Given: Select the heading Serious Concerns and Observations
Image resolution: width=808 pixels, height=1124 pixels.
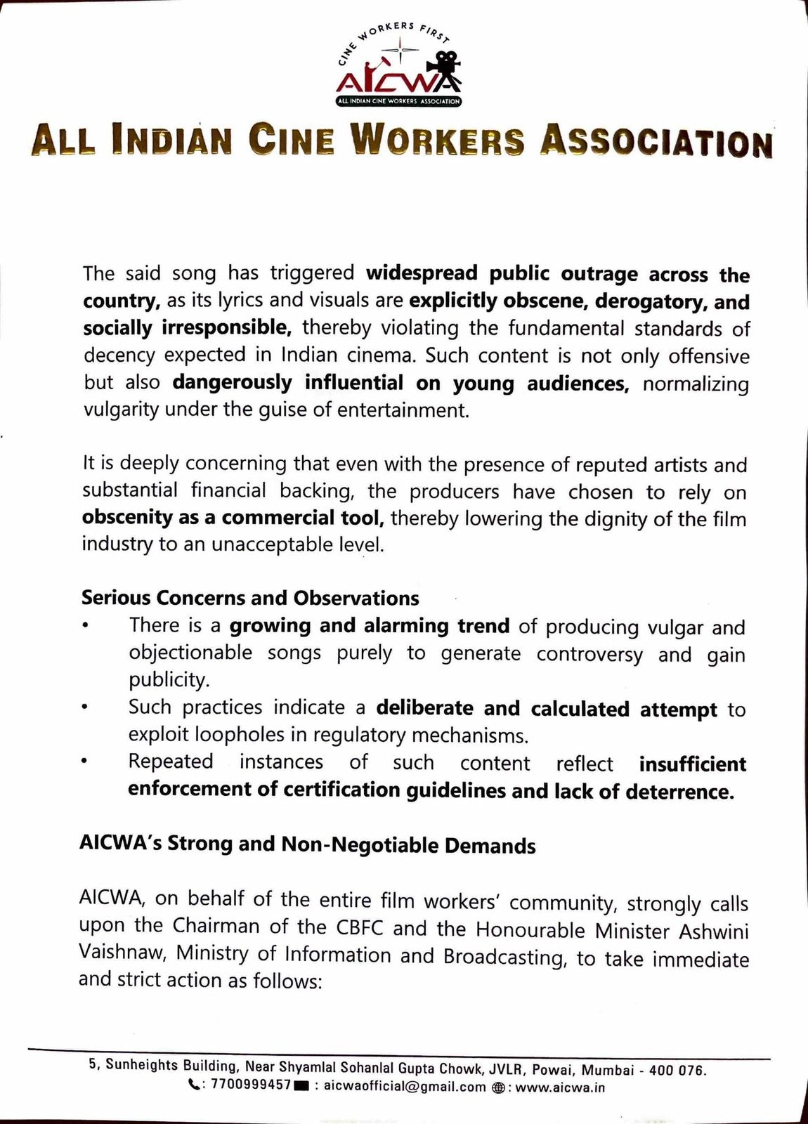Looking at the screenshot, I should click(x=250, y=598).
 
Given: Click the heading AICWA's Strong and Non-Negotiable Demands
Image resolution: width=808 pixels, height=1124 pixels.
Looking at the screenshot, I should click(x=308, y=844).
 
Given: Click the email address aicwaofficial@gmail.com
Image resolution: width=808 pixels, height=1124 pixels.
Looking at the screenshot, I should click(x=405, y=1087).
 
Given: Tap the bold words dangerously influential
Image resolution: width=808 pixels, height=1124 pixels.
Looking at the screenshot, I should click(x=288, y=383).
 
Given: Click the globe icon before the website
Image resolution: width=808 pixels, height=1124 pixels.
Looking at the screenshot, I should click(x=498, y=1087).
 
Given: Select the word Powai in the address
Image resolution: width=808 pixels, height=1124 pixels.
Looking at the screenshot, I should click(x=555, y=1070).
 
